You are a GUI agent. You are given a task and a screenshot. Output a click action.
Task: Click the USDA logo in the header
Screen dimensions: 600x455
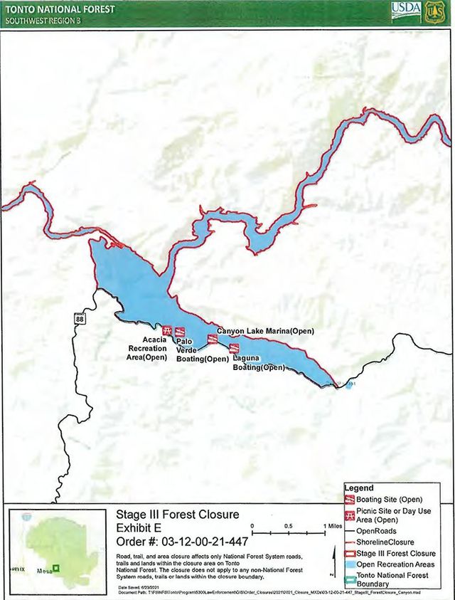pos(405,11)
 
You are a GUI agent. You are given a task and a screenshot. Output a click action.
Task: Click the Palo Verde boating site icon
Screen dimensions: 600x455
pos(181,332)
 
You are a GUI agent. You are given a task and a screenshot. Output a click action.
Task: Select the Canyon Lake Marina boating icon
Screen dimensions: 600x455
pos(211,339)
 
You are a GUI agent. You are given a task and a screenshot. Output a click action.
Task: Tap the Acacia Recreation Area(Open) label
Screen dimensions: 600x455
pos(148,349)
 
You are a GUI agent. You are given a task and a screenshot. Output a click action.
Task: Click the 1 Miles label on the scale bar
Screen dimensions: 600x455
pos(331,526)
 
